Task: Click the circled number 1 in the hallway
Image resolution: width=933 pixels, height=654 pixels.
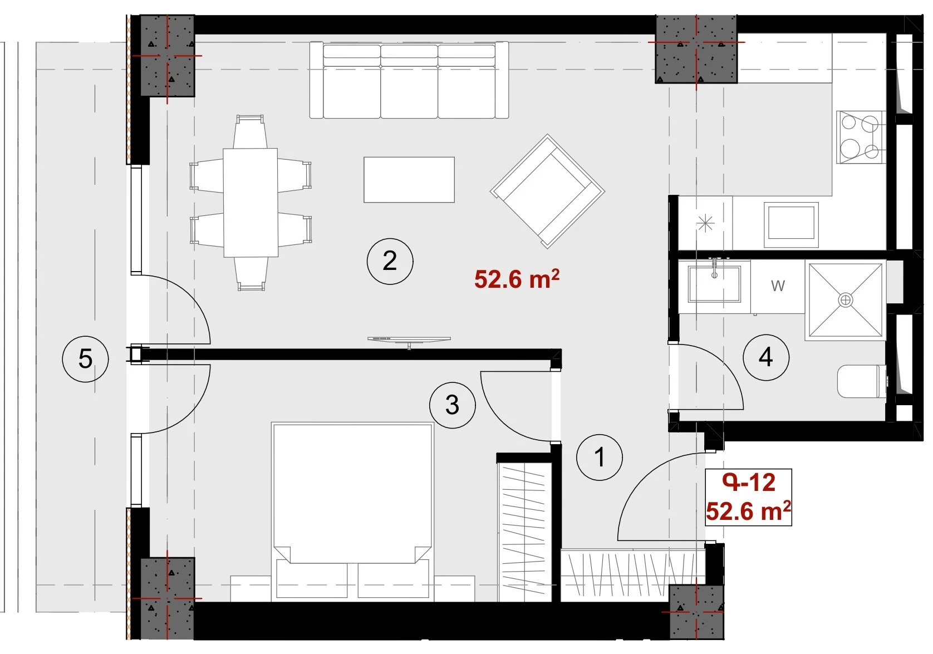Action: click(600, 458)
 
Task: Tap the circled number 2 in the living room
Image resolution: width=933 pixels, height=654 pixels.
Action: click(390, 261)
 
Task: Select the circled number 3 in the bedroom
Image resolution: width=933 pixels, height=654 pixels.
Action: click(453, 405)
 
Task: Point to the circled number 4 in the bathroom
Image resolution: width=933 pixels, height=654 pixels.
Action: click(766, 357)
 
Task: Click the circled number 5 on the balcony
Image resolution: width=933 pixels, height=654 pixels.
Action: click(85, 358)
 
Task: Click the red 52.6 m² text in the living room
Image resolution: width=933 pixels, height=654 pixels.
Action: click(517, 279)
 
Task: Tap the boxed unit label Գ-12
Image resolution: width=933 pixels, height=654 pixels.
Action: click(749, 483)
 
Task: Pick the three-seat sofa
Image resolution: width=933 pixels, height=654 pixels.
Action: click(409, 80)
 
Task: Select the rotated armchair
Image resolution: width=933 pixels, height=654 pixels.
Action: click(547, 191)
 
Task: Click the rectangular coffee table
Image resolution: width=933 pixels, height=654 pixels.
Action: click(409, 180)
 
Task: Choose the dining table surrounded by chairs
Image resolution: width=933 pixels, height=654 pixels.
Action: click(251, 203)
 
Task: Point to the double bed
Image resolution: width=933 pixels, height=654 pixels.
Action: click(352, 512)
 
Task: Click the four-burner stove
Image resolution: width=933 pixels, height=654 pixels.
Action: click(861, 137)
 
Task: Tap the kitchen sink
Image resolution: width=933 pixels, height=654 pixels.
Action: click(791, 225)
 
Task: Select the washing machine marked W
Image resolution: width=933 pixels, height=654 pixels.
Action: click(778, 286)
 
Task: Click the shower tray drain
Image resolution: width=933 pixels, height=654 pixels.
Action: click(845, 300)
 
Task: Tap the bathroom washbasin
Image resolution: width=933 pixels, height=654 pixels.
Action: click(714, 284)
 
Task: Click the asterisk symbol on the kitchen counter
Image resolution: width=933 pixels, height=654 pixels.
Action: click(705, 224)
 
